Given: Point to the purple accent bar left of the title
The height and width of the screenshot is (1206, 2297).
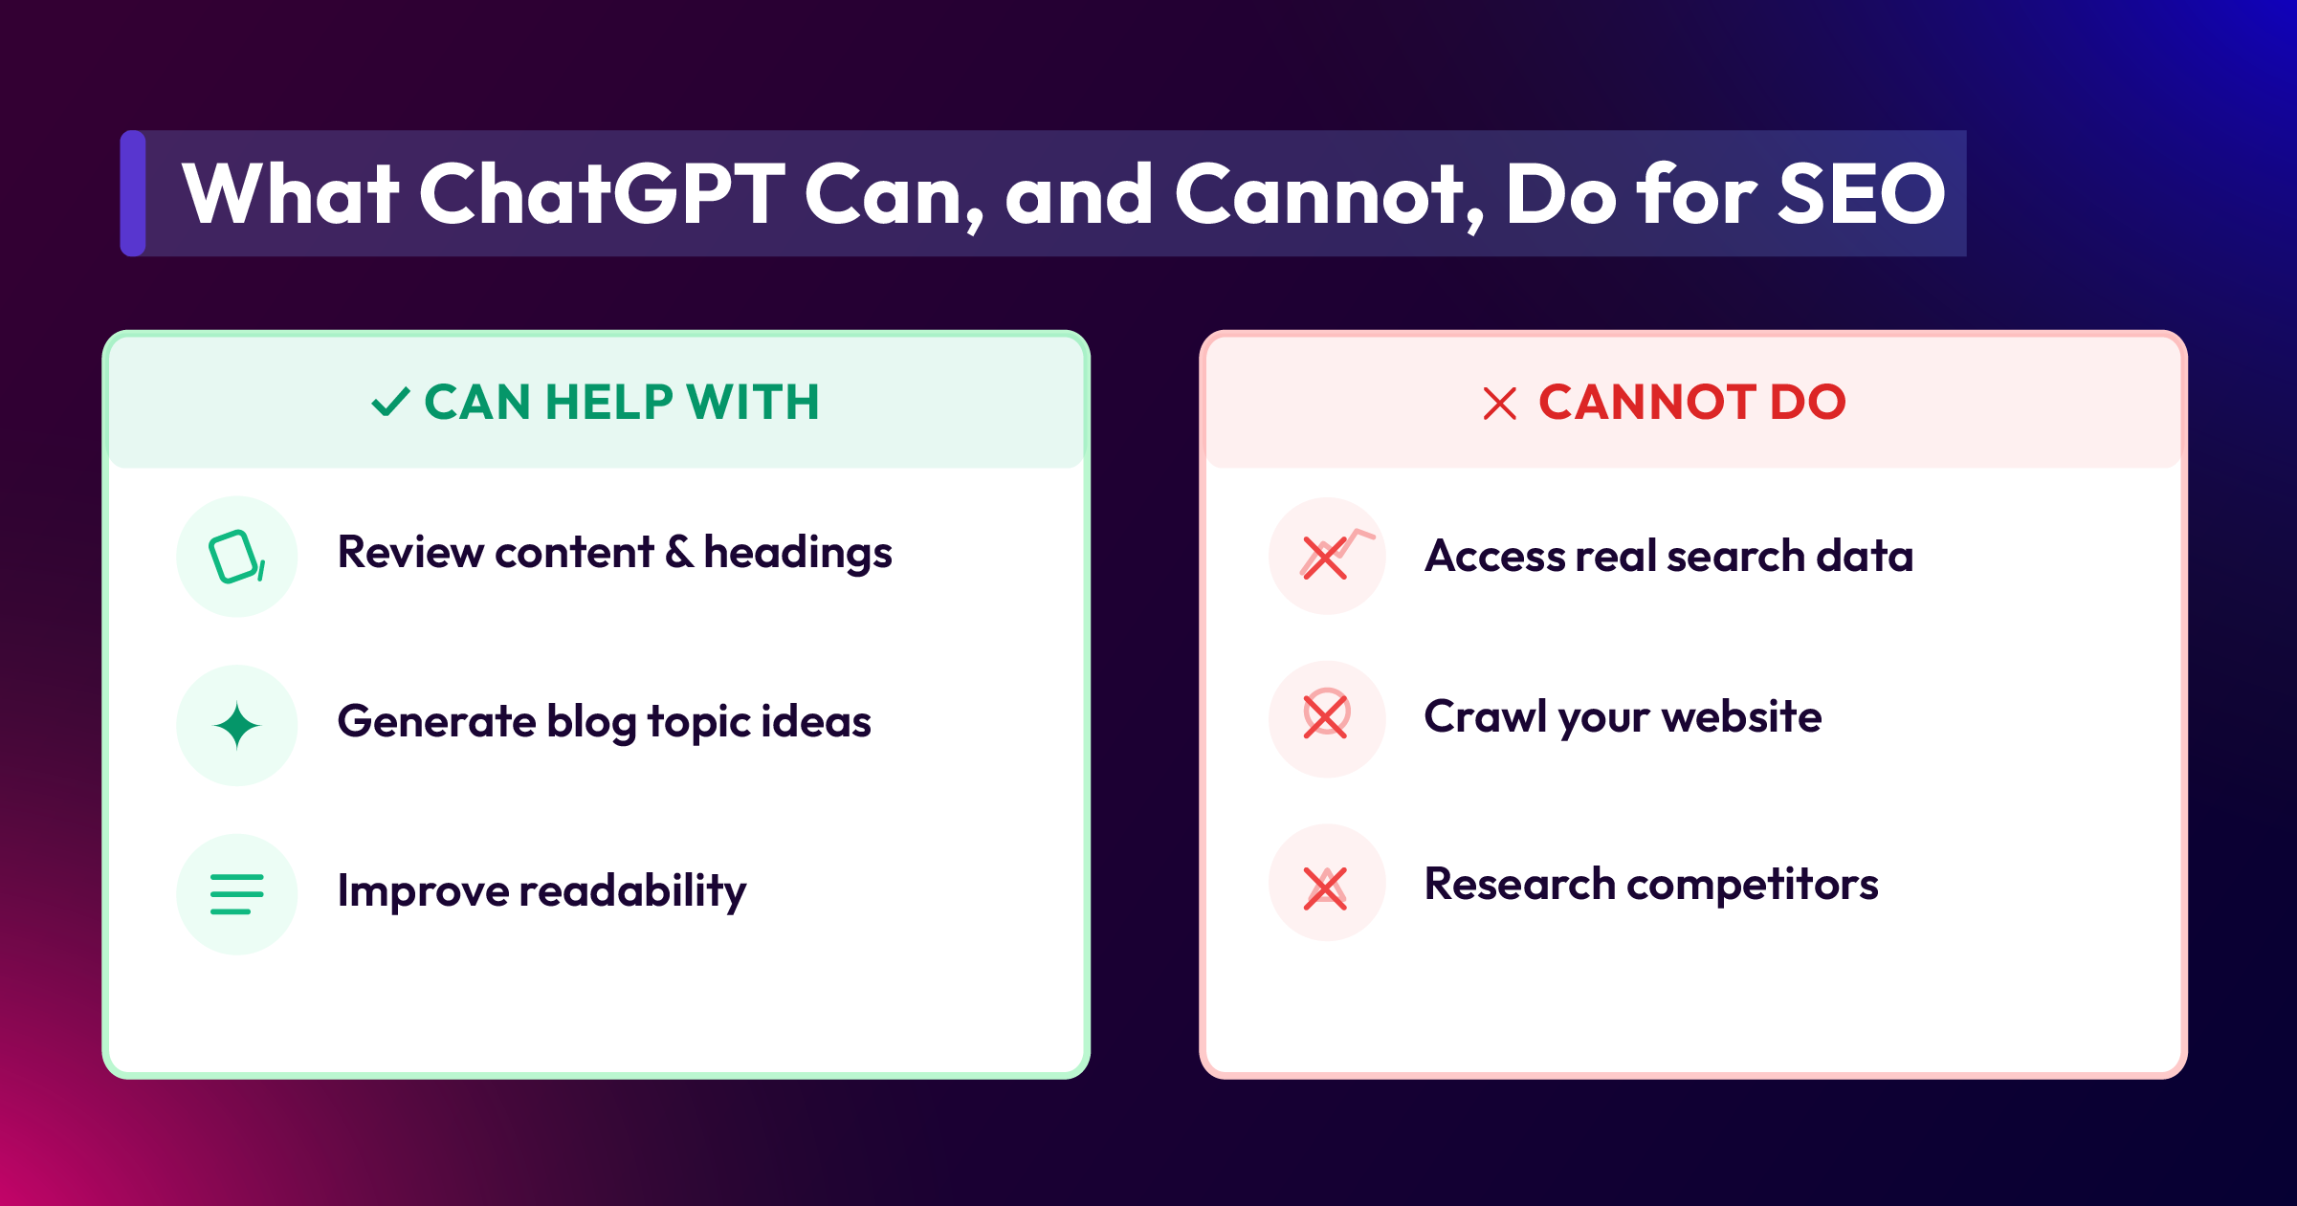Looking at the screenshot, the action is point(133,193).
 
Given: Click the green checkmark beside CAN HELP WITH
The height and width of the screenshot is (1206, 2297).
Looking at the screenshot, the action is point(390,402).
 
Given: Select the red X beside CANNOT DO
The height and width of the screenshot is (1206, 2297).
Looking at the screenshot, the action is point(1499,404).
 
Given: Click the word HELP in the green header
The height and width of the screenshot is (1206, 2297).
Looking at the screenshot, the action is point(609,402).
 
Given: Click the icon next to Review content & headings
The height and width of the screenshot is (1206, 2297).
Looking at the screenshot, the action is point(236,557).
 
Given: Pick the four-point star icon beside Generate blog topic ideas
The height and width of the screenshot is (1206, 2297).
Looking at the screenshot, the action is point(237,725).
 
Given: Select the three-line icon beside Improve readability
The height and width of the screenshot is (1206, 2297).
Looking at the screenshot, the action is point(236,894).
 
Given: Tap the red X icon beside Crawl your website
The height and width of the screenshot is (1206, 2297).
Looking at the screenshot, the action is point(1326,715).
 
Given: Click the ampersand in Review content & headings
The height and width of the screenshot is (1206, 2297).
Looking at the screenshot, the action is point(679,552).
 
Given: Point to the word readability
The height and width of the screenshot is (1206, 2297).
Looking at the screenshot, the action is point(632,891).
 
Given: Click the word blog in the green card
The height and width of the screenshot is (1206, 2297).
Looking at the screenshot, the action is point(591,722).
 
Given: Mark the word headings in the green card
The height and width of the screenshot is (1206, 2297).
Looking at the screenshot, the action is point(798,554).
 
